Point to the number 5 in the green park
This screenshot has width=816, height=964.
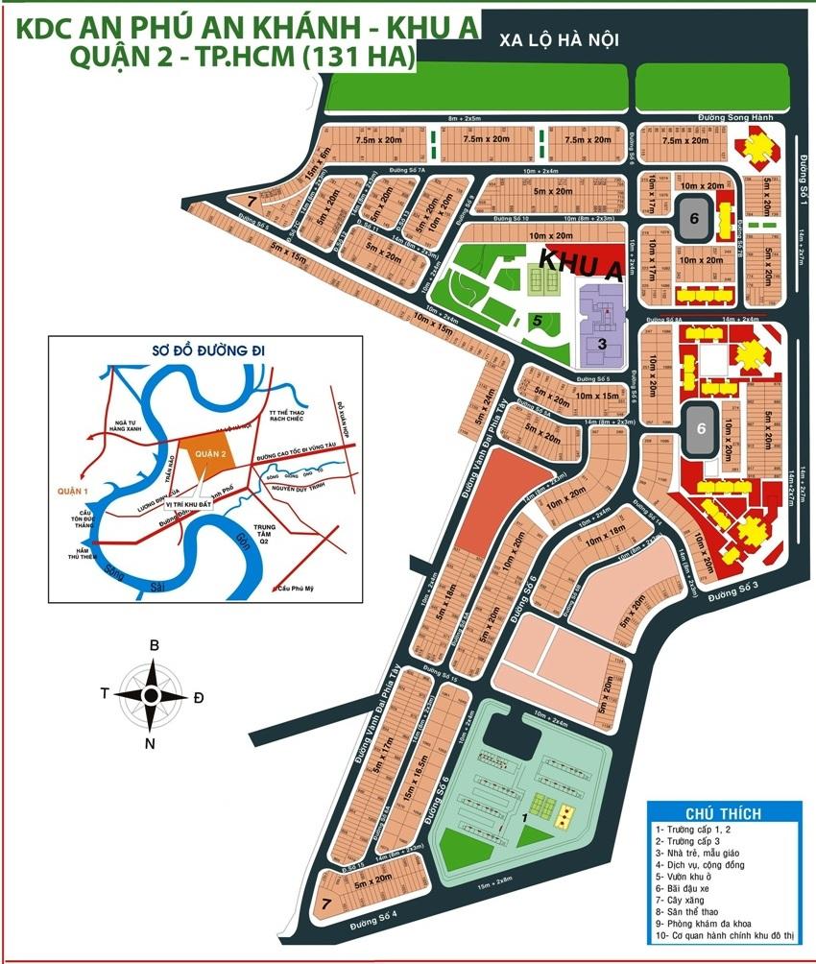pyautogui.click(x=539, y=322)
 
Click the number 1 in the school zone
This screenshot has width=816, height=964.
pyautogui.click(x=524, y=817)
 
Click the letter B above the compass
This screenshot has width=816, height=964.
pyautogui.click(x=154, y=646)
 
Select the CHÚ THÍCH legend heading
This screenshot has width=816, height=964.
pyautogui.click(x=723, y=813)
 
